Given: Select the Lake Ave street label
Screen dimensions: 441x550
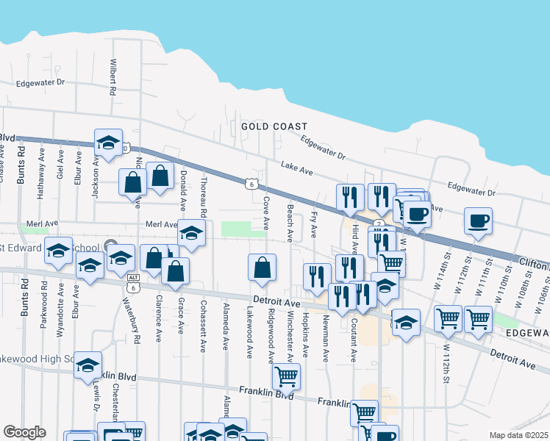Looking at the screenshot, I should point(297,172).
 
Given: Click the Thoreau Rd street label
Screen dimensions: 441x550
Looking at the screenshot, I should point(203,197).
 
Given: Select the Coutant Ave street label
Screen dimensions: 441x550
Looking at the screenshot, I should point(353,340).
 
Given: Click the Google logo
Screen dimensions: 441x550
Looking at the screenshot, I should point(24,432).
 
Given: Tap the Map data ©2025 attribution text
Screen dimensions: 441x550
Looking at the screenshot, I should point(519,435).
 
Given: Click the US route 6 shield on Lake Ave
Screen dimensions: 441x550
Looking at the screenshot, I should point(251,182).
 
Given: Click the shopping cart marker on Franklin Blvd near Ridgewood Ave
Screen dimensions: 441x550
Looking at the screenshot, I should point(286,376).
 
